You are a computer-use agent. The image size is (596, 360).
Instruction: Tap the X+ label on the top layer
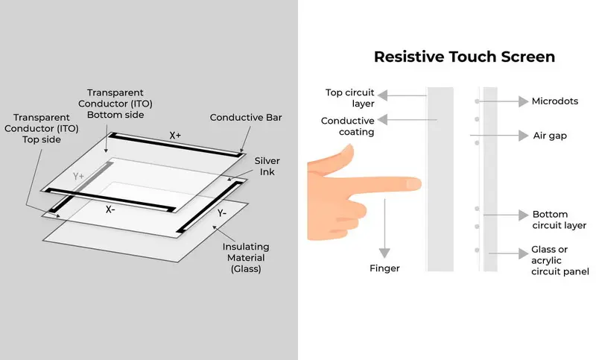pyautogui.click(x=174, y=136)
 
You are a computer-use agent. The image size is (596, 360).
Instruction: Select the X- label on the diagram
pyautogui.click(x=110, y=209)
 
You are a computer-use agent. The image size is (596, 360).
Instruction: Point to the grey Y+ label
pyautogui.click(x=79, y=176)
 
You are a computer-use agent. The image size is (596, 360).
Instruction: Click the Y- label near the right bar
pyautogui.click(x=222, y=212)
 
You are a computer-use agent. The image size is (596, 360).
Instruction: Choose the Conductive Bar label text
pyautogui.click(x=245, y=118)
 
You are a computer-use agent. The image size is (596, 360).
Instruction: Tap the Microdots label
pyautogui.click(x=557, y=101)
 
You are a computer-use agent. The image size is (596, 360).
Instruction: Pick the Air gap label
pyautogui.click(x=551, y=136)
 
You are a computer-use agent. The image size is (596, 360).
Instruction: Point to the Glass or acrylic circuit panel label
pyautogui.click(x=559, y=261)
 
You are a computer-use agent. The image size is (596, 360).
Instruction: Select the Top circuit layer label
pyautogui.click(x=349, y=98)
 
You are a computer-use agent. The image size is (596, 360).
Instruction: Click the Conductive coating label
pyautogui.click(x=347, y=126)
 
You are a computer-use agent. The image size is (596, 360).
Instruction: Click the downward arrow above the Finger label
pyautogui.click(x=384, y=231)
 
